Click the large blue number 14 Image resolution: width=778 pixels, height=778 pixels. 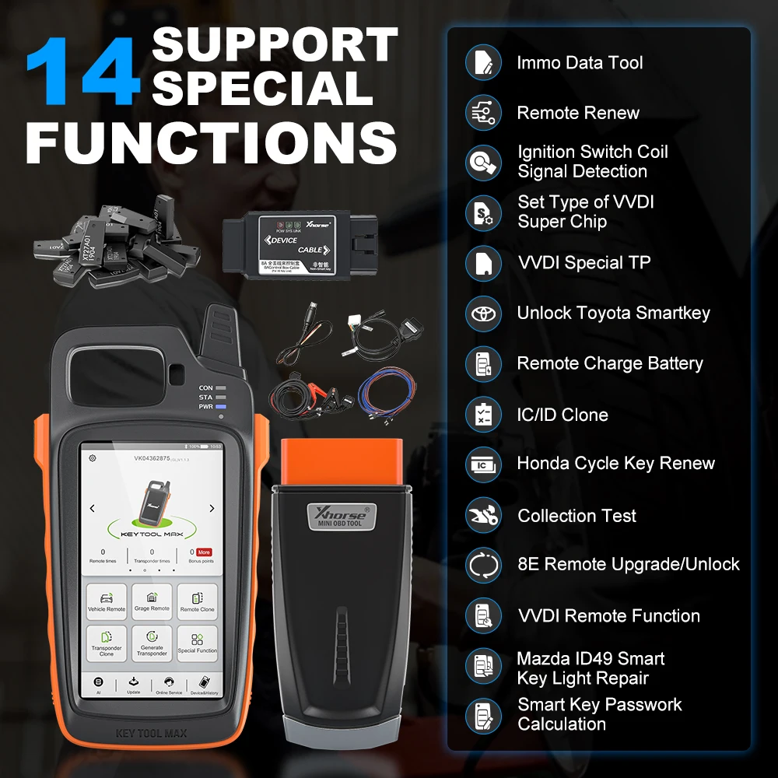pyautogui.click(x=82, y=72)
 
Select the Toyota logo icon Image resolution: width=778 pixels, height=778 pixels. pyautogui.click(x=483, y=314)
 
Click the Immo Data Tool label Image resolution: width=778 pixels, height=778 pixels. pyautogui.click(x=580, y=63)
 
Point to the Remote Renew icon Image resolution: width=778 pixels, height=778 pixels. pyautogui.click(x=483, y=113)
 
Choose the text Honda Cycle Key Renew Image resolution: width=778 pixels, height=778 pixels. pyautogui.click(x=615, y=464)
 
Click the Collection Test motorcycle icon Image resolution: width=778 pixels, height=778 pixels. pyautogui.click(x=483, y=515)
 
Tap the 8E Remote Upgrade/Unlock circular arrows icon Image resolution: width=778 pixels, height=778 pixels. pyautogui.click(x=483, y=565)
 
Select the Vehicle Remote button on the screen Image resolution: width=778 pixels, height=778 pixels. pyautogui.click(x=107, y=603)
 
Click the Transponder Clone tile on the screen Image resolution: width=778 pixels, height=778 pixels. pyautogui.click(x=107, y=645)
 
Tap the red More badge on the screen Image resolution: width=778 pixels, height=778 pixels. pyautogui.click(x=204, y=552)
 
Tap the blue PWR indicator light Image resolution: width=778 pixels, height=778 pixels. pyautogui.click(x=221, y=407)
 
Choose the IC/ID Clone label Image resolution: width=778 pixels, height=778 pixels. pyautogui.click(x=562, y=415)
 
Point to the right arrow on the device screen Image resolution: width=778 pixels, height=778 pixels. pyautogui.click(x=212, y=509)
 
